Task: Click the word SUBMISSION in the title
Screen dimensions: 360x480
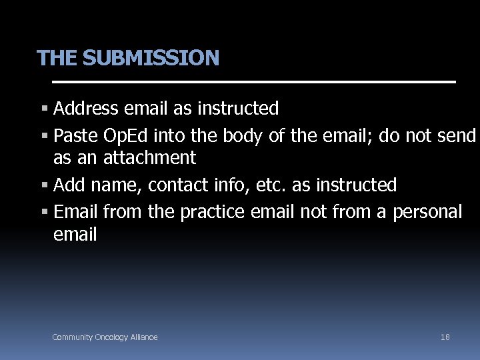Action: click(151, 59)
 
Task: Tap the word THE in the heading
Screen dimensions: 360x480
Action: click(57, 59)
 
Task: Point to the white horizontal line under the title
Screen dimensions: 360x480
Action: click(253, 82)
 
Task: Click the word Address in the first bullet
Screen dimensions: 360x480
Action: click(87, 108)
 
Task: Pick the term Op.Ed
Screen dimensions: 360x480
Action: click(127, 137)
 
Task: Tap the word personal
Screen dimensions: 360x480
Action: click(427, 213)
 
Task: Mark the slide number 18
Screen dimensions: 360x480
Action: click(445, 337)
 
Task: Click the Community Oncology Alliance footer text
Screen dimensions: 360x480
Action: click(105, 337)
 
